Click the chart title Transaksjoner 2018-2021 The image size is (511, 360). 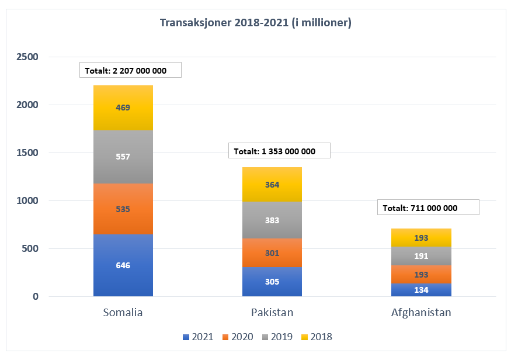(x=255, y=23)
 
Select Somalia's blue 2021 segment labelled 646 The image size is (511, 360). (x=123, y=265)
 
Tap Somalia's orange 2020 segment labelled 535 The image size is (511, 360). (x=123, y=209)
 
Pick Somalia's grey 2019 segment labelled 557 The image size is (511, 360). (x=123, y=157)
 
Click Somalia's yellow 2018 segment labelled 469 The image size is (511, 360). (x=123, y=108)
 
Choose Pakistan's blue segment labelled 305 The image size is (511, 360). (x=272, y=282)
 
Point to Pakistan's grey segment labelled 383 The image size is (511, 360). (x=272, y=220)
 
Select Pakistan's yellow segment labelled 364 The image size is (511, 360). (x=272, y=185)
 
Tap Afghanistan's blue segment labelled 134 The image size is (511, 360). (x=421, y=290)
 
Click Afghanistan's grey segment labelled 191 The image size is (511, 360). (x=421, y=255)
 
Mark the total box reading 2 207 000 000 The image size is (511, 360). (x=130, y=71)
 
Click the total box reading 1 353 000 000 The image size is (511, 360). (x=279, y=151)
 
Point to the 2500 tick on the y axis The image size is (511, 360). (x=27, y=57)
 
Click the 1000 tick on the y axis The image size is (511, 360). (x=27, y=201)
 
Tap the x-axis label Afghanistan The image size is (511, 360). (x=421, y=313)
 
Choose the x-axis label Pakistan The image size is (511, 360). (x=272, y=313)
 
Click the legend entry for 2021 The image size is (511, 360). (x=198, y=337)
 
